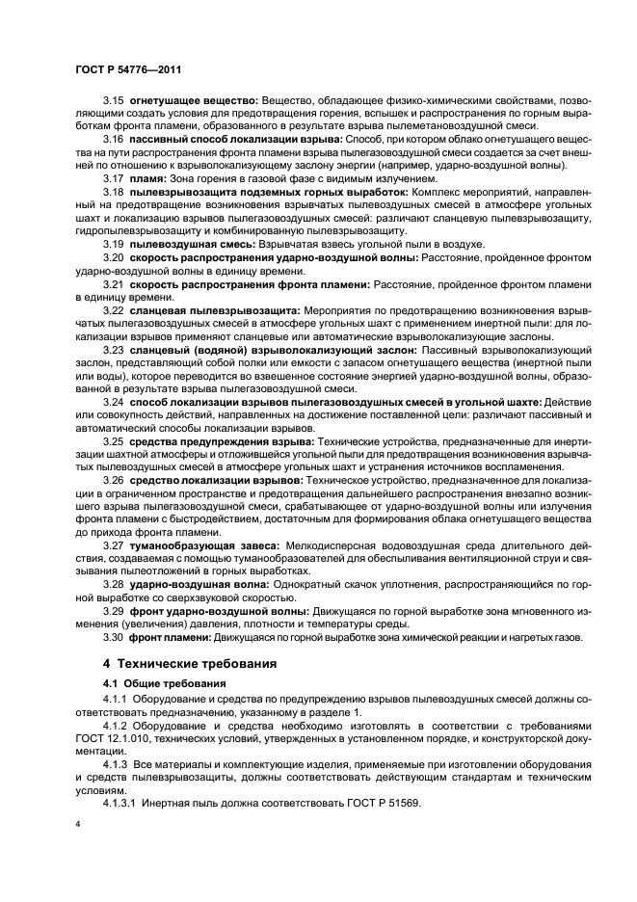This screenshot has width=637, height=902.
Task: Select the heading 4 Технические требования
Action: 191,664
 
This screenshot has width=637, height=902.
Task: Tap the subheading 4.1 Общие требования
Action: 158,685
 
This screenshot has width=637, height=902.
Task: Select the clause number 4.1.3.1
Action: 122,804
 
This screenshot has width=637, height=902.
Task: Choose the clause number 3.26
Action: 114,478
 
